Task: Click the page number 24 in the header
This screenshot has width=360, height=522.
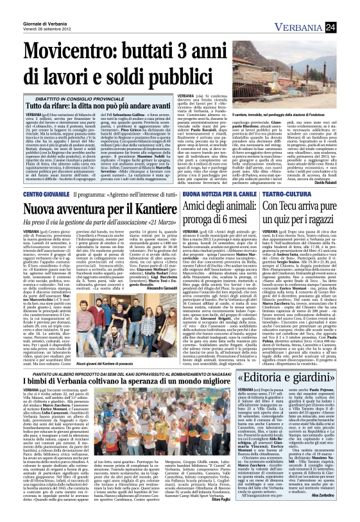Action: pyautogui.click(x=348, y=26)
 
